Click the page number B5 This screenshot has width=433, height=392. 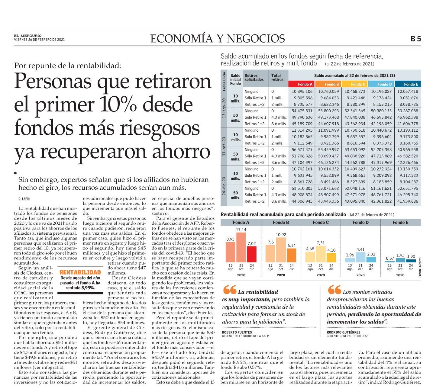(x=415, y=39)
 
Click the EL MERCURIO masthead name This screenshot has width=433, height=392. (x=28, y=36)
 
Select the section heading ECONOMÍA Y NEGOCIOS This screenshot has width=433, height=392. (x=218, y=39)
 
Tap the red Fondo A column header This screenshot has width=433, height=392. (x=302, y=84)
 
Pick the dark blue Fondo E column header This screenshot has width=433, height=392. (x=408, y=84)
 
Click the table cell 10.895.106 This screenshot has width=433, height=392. (x=302, y=92)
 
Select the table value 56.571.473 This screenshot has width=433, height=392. (x=302, y=149)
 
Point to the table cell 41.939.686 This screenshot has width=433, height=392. (x=408, y=201)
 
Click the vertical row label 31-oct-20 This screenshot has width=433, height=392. (x=224, y=146)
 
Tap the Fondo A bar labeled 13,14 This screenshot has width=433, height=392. (x=241, y=247)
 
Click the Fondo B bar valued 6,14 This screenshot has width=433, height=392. (x=291, y=255)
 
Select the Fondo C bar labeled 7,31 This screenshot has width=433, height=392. (x=321, y=254)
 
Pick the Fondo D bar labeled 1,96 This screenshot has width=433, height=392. (x=350, y=260)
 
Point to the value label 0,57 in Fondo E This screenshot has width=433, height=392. (x=390, y=258)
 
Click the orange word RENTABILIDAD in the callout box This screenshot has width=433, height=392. (x=80, y=272)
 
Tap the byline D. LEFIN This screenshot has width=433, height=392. (x=24, y=199)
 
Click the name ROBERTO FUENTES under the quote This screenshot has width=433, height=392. (x=237, y=332)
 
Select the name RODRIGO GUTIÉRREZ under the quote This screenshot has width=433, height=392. (x=344, y=332)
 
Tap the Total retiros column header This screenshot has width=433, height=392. (x=277, y=77)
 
